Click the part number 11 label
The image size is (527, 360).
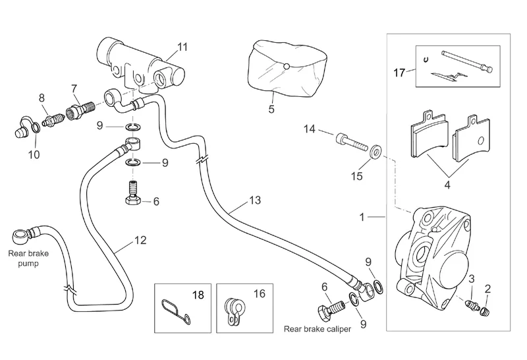click(x=182, y=46)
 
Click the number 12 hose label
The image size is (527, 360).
click(x=140, y=241)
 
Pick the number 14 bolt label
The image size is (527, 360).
click(x=310, y=131)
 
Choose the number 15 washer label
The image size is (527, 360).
click(x=358, y=177)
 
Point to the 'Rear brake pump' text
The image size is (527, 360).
click(x=23, y=258)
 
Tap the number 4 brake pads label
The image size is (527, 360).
click(x=447, y=186)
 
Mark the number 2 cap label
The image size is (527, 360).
click(x=487, y=288)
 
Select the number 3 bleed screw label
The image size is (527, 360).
click(x=472, y=280)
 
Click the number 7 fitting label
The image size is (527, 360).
click(x=74, y=88)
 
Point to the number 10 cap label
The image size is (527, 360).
click(x=34, y=154)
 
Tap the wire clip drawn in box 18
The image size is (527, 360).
click(x=175, y=311)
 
